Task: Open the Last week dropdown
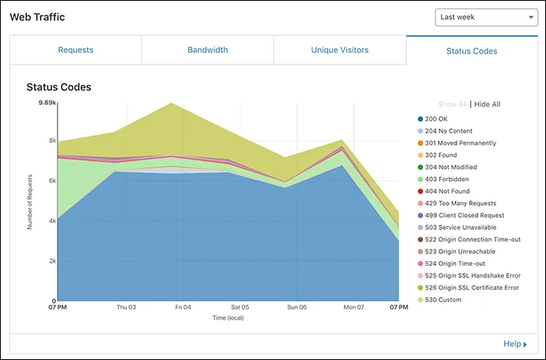pos(486,17)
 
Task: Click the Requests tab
pos(75,51)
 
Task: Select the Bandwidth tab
pos(208,51)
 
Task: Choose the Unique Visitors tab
pos(339,51)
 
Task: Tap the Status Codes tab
pos(471,51)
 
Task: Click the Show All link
pos(452,104)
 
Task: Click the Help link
pos(514,344)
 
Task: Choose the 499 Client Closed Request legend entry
pos(464,215)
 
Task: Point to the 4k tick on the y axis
pos(52,221)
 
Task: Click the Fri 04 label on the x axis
pos(183,308)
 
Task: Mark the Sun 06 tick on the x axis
pos(297,308)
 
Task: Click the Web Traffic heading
pos(37,17)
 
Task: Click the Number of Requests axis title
pos(30,201)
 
